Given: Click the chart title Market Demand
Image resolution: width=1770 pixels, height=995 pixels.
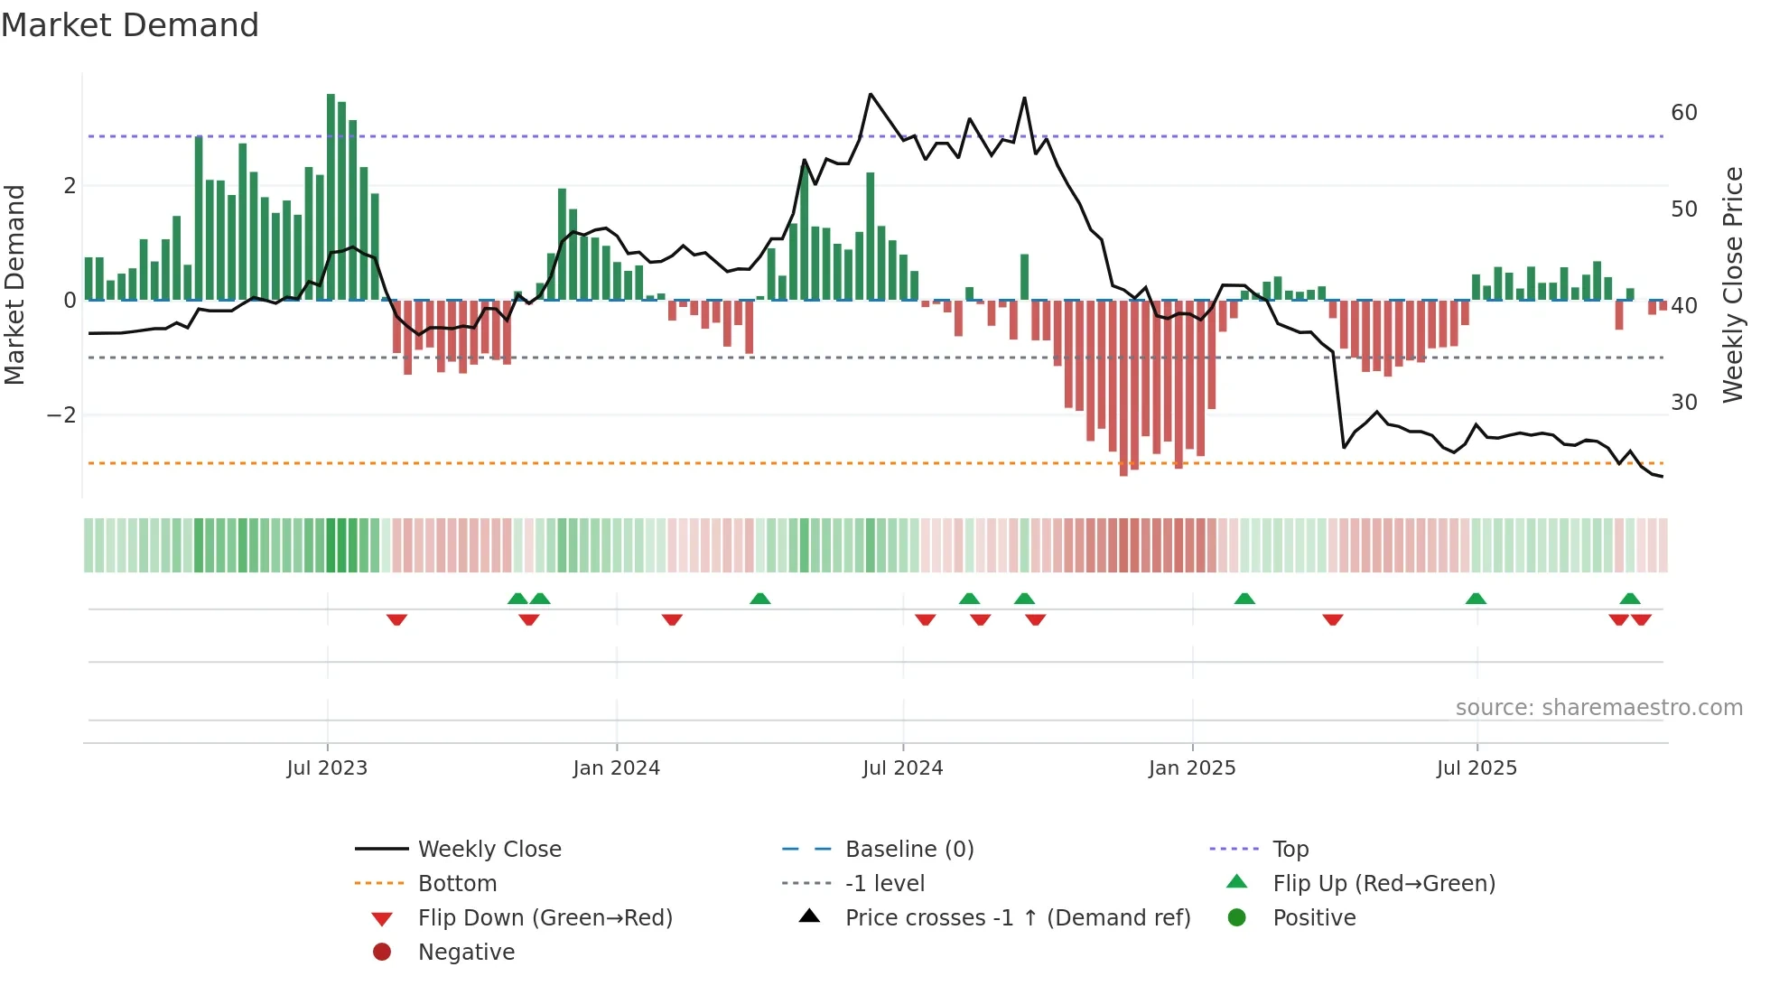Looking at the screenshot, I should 130,25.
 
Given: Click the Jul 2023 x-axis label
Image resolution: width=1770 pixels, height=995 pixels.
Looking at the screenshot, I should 327,768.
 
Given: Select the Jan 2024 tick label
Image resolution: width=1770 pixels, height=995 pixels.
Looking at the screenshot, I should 616,768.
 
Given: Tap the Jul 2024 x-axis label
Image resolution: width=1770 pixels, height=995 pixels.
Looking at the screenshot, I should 902,768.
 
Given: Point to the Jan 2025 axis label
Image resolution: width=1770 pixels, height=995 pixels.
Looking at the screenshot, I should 1191,768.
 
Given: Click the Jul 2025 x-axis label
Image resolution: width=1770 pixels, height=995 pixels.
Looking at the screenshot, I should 1477,768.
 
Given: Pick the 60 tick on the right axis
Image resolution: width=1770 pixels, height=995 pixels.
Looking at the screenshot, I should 1683,113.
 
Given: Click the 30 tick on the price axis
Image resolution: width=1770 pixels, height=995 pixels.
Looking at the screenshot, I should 1683,402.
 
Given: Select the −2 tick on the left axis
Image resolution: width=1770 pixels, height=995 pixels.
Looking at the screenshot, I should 61,415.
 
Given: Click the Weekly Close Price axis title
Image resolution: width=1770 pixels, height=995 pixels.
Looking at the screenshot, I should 1732,284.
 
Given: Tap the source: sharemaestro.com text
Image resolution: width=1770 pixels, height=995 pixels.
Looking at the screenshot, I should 1598,708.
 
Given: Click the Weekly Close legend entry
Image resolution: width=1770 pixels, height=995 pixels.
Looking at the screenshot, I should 489,850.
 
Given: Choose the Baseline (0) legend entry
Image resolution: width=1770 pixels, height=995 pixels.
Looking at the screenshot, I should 908,850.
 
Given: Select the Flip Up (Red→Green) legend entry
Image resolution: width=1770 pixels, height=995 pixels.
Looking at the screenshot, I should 1383,884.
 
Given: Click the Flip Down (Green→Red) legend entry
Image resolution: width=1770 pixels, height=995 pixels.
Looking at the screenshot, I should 545,918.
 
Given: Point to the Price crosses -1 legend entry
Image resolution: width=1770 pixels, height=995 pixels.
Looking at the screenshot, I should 1017,918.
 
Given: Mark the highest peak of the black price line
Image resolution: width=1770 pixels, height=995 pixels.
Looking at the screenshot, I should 871,94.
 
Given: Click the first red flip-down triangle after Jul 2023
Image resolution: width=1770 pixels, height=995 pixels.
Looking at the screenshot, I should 396,619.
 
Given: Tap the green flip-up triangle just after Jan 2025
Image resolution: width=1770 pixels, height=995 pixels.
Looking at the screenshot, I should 1244,599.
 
